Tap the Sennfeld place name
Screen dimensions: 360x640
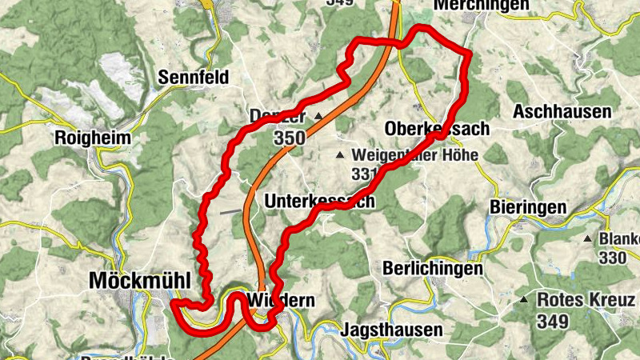194,78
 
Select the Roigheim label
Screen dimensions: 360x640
92,138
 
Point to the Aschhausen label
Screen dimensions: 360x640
563,111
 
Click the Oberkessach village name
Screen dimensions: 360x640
436,129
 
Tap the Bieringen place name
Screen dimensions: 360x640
527,208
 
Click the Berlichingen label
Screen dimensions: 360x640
433,269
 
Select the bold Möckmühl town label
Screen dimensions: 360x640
140,282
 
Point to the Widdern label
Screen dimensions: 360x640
277,301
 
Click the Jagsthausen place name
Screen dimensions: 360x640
391,330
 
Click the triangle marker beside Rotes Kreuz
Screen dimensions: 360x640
524,300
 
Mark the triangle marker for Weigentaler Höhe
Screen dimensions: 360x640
340,154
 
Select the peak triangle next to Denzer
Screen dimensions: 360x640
318,117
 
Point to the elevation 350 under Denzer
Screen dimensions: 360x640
289,138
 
